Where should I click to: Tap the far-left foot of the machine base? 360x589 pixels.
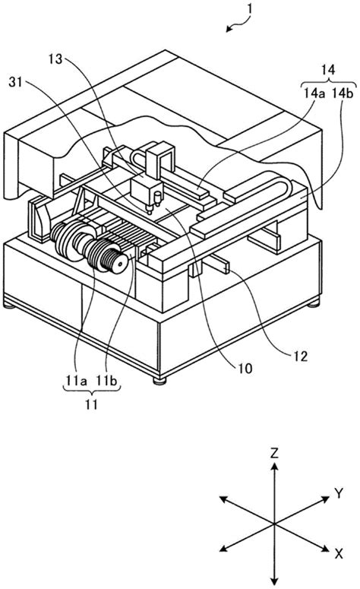click(x=9, y=306)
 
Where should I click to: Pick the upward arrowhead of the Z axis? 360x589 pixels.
click(x=272, y=465)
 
